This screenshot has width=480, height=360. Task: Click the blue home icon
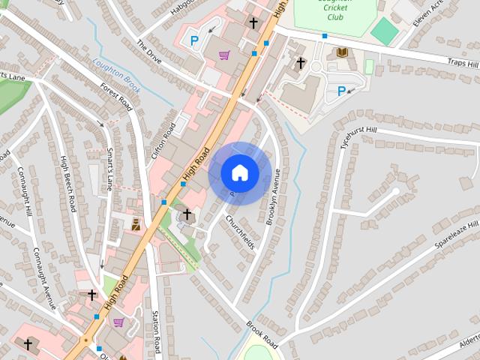[x=239, y=173]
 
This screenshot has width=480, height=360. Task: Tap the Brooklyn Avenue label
[x=273, y=196]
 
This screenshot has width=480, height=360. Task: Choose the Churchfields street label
[x=240, y=232]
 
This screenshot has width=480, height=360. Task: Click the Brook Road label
[x=262, y=335]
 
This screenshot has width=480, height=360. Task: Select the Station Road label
[x=156, y=332]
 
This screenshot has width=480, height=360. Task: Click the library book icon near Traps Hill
[x=341, y=52]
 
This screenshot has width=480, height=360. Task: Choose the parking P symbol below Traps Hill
[x=342, y=91]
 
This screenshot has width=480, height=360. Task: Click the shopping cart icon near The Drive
[x=223, y=55]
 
